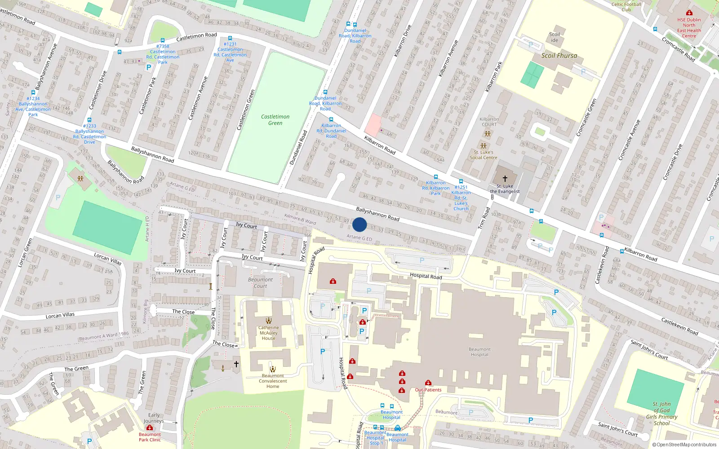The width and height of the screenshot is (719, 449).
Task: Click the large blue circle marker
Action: pyautogui.click(x=359, y=224)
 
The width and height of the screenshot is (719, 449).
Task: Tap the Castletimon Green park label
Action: pyautogui.click(x=275, y=120)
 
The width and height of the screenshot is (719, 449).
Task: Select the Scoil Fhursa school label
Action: pyautogui.click(x=559, y=56)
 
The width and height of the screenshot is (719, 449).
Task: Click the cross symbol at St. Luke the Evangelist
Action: pyautogui.click(x=505, y=178)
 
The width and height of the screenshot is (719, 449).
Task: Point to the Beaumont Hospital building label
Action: pyautogui.click(x=479, y=352)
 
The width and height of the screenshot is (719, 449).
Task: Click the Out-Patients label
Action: pyautogui.click(x=428, y=390)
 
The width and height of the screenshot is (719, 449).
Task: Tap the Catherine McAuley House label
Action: pyautogui.click(x=268, y=333)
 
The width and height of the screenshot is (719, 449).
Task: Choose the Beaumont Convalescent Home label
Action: pyautogui.click(x=273, y=381)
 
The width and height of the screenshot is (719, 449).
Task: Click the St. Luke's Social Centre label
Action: pyautogui.click(x=484, y=155)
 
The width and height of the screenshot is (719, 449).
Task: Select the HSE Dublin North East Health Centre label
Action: pyautogui.click(x=689, y=28)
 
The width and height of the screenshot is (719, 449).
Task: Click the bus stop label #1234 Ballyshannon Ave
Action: pyautogui.click(x=33, y=106)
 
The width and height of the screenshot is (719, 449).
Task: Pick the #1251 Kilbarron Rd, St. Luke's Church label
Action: pyautogui.click(x=461, y=198)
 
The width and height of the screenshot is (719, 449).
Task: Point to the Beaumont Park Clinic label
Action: pyautogui.click(x=150, y=437)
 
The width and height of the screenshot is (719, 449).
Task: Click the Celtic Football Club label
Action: pyautogui.click(x=626, y=7)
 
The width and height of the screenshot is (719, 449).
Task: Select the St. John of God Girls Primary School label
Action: pyautogui.click(x=661, y=414)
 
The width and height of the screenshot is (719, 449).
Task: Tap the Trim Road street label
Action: pyautogui.click(x=484, y=218)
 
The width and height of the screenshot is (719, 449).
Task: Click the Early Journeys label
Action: pyautogui.click(x=154, y=418)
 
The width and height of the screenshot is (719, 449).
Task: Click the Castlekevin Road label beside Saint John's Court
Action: pyautogui.click(x=679, y=326)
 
